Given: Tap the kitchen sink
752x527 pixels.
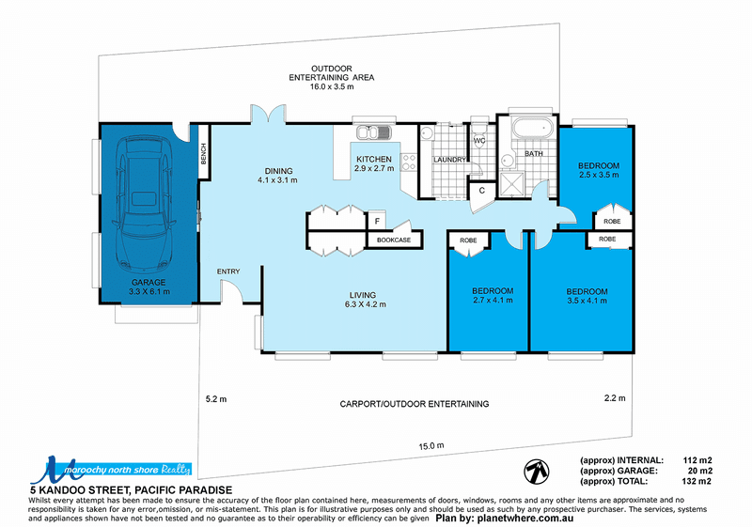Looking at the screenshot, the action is [x=373, y=132].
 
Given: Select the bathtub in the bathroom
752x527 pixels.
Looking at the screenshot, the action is [x=532, y=129].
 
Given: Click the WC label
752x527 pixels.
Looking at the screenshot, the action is [x=479, y=140].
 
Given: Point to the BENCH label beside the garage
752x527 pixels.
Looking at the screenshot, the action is [x=203, y=154].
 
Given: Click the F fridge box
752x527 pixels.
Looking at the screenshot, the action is [x=377, y=221].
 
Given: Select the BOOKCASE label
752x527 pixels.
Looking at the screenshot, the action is [x=394, y=240].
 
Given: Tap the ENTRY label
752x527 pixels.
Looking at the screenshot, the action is [x=228, y=271].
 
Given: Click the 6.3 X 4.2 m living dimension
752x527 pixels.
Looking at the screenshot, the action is [x=365, y=304].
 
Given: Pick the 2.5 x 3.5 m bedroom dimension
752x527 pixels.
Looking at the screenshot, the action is [x=599, y=175].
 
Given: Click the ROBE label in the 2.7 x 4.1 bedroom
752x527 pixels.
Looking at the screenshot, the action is [x=468, y=240].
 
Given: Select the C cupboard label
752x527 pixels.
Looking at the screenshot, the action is [x=482, y=191].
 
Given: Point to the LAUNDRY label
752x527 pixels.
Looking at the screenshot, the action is [x=449, y=160].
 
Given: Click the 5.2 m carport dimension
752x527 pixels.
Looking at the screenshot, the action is [x=216, y=398].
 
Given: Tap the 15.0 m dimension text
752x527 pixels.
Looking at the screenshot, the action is [x=431, y=446].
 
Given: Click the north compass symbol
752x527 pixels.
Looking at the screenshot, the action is [x=536, y=472].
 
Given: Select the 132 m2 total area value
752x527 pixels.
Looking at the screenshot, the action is [x=697, y=482].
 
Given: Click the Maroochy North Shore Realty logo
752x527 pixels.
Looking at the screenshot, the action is [x=111, y=470].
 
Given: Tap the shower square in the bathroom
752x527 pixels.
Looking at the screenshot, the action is [x=512, y=184].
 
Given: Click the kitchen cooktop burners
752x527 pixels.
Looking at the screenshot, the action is [x=409, y=162].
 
